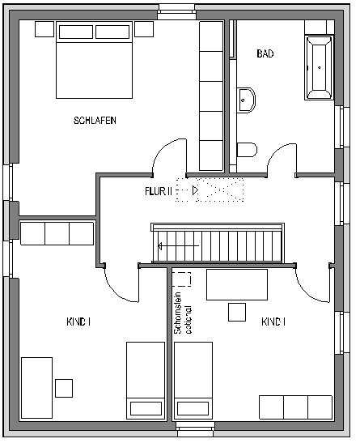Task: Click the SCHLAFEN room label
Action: tap(95, 121)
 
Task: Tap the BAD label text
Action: tap(265, 54)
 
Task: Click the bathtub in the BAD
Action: tap(319, 67)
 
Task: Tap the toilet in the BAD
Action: tap(246, 149)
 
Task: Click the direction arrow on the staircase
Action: tap(177, 245)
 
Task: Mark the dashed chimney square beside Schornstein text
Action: tap(182, 279)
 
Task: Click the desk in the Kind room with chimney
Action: tap(237, 285)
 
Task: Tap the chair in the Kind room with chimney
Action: tap(237, 312)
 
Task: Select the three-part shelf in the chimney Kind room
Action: tap(295, 407)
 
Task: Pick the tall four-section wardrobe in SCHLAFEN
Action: tap(211, 96)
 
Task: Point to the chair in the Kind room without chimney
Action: tap(62, 385)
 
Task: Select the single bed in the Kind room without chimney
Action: tap(145, 380)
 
